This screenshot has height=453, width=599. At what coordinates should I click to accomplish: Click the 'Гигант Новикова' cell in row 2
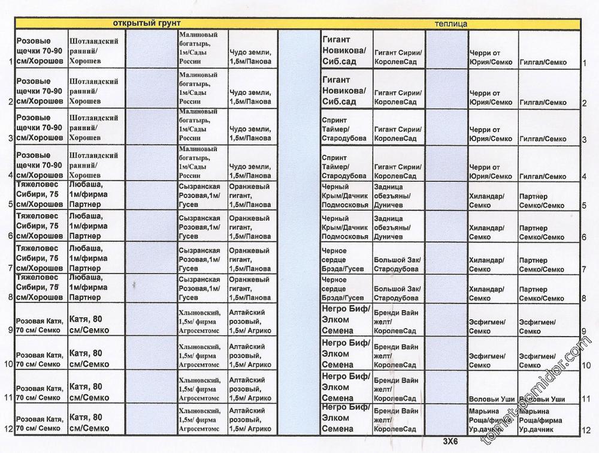[345, 90]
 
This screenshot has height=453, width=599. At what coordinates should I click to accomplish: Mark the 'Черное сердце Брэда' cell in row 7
[343, 260]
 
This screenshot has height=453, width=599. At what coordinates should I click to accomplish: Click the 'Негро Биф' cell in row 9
[346, 320]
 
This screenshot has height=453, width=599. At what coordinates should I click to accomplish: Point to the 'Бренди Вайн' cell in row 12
[396, 419]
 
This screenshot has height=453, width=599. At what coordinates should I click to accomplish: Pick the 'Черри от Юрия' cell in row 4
[491, 172]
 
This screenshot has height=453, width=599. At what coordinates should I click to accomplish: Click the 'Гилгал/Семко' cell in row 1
[543, 62]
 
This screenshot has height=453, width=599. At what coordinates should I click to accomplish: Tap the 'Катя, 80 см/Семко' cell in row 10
[89, 358]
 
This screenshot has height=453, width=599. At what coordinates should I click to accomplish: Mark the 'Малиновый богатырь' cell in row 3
[201, 124]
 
